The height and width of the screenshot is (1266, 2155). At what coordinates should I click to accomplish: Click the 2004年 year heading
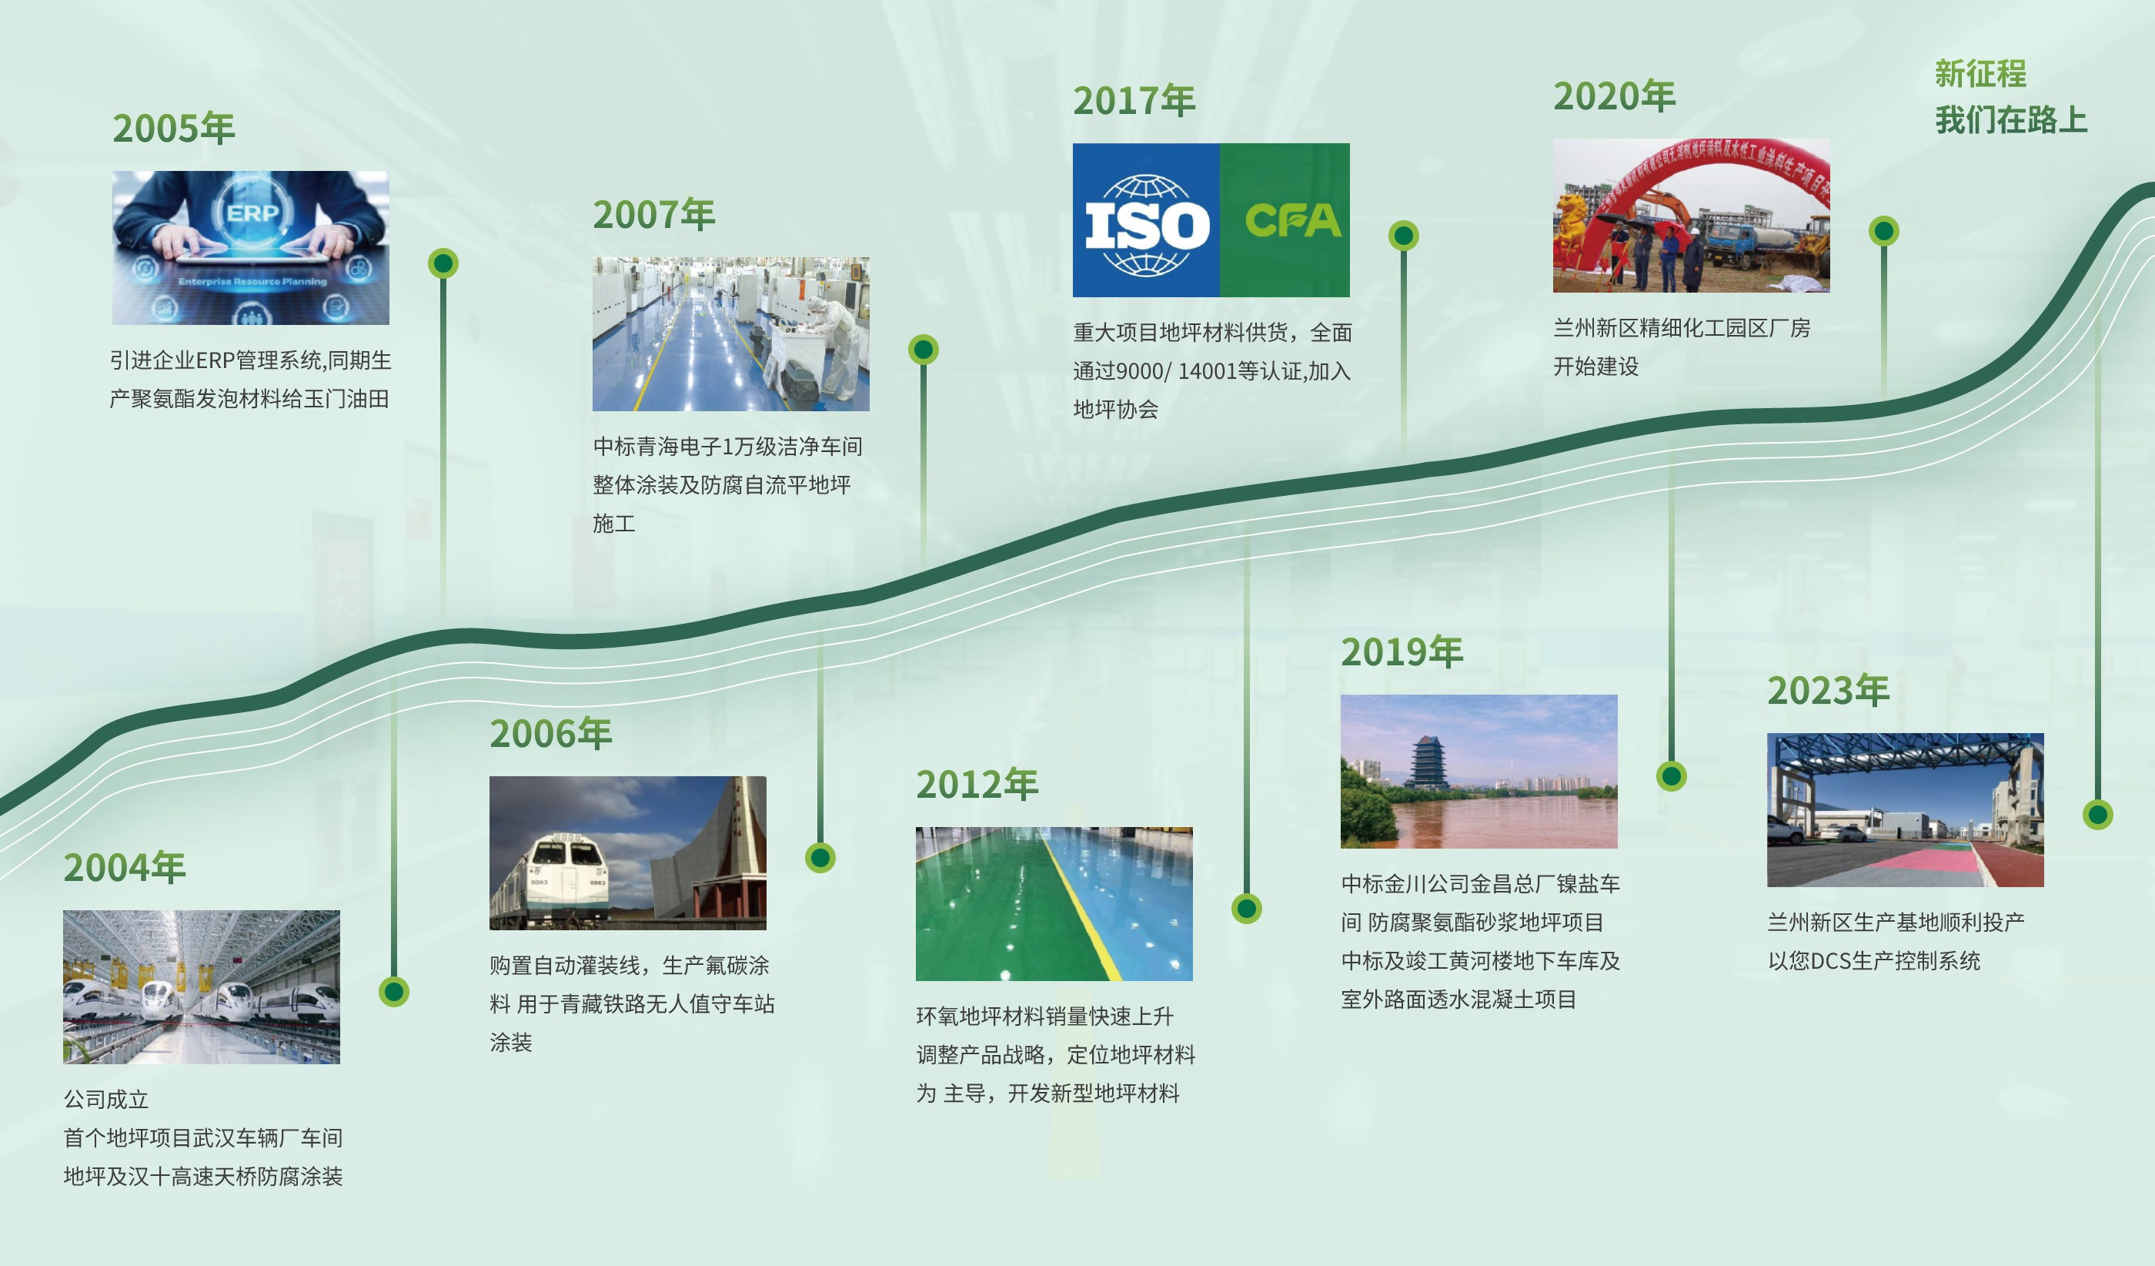pyautogui.click(x=124, y=867)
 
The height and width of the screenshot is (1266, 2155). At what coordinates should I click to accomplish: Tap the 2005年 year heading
pyautogui.click(x=174, y=129)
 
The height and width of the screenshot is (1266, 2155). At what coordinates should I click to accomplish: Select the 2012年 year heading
pyautogui.click(x=977, y=785)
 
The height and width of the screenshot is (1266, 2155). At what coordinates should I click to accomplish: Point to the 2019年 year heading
pyautogui.click(x=1402, y=651)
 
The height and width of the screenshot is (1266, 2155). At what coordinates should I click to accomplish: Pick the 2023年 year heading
pyautogui.click(x=1829, y=690)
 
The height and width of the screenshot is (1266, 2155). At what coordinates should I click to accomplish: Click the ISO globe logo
pyautogui.click(x=1147, y=225)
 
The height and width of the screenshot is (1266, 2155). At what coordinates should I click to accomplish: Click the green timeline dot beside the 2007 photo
pyautogui.click(x=923, y=349)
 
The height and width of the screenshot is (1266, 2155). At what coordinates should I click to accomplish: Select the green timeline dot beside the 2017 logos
pyautogui.click(x=1403, y=235)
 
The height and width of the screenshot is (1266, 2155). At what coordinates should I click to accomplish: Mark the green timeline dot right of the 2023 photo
pyautogui.click(x=2097, y=814)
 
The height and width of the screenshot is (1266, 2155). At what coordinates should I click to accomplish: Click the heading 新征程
pyautogui.click(x=1980, y=74)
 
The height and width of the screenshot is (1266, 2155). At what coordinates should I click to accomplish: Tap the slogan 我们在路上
pyautogui.click(x=2011, y=120)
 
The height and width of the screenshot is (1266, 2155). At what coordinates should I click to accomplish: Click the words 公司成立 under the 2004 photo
pyautogui.click(x=106, y=1099)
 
